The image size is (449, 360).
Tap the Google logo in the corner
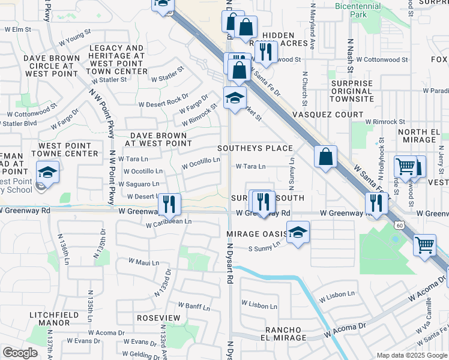tap(20, 353)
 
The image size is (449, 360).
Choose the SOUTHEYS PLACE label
tap(255, 148)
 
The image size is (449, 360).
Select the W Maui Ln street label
tap(144, 262)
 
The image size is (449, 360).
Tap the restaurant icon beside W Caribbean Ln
tap(170, 204)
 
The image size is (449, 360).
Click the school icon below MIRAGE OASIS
tap(297, 233)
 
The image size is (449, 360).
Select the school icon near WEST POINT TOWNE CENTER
tap(47, 173)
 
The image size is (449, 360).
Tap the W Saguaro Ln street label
tap(142, 184)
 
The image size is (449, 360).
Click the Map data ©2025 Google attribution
tap(411, 355)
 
